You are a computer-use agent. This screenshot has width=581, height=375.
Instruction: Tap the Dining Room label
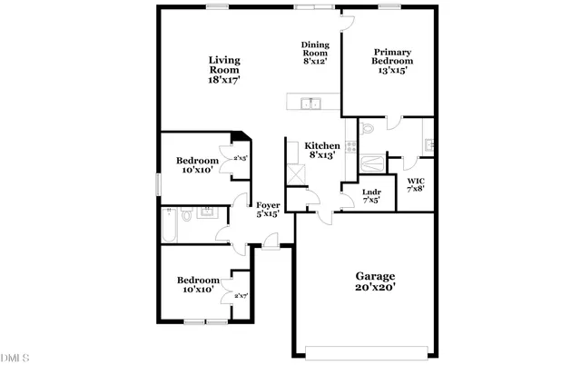click(x=315, y=54)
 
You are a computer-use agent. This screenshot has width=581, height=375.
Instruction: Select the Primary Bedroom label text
click(x=394, y=60)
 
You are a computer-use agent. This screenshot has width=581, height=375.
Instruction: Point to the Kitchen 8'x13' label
click(x=322, y=150)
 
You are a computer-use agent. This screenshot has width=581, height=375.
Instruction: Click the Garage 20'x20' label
click(x=375, y=281)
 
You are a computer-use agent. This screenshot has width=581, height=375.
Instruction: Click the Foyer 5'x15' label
click(x=267, y=210)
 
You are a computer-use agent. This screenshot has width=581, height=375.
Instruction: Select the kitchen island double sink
click(x=311, y=103)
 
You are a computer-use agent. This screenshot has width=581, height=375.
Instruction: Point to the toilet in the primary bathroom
click(x=367, y=132)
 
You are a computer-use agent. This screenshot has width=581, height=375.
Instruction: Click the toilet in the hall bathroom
click(x=185, y=215)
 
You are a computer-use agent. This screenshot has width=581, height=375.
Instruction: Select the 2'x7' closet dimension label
click(x=241, y=296)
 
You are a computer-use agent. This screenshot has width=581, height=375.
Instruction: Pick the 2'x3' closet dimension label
click(x=241, y=158)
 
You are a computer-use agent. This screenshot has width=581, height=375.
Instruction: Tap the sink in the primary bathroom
click(x=429, y=143)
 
